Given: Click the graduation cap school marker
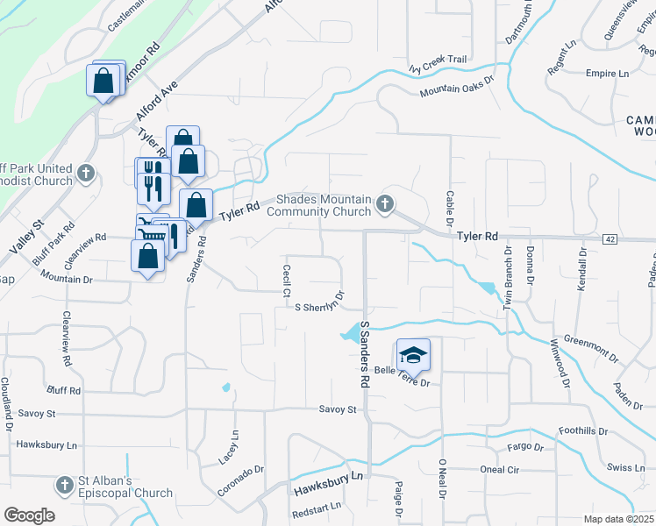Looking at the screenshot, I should pos(414,355).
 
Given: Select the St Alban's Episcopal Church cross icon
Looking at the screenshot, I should pos(65,485).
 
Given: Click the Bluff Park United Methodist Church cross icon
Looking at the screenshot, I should pos(86,173).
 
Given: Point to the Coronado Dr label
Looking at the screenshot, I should pos(241,480).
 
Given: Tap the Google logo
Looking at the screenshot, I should pos(30,515).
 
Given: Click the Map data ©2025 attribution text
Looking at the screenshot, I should pos(617,519).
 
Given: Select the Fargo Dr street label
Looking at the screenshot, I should pos(525,448).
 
